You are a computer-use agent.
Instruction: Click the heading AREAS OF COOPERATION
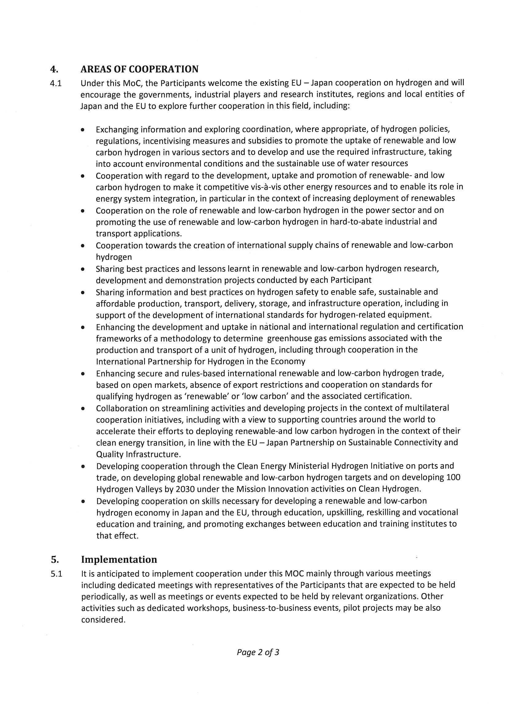click(x=139, y=69)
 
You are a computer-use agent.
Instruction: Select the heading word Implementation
click(x=119, y=559)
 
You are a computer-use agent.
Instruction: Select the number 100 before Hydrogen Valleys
click(x=453, y=477)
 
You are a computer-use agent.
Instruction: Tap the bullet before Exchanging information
click(x=82, y=129)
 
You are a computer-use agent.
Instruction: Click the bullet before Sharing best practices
click(x=82, y=269)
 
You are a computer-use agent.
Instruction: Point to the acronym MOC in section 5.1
click(x=294, y=573)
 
